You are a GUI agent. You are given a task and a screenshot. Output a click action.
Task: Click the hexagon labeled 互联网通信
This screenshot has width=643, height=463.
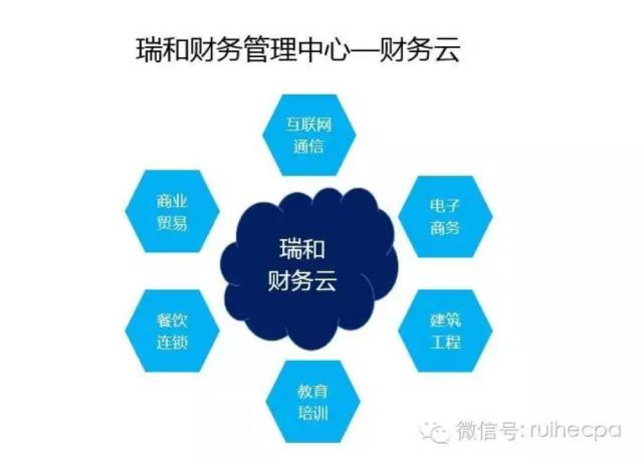pyautogui.click(x=309, y=135)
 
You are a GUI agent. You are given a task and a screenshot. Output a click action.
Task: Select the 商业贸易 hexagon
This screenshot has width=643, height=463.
pyautogui.click(x=172, y=211)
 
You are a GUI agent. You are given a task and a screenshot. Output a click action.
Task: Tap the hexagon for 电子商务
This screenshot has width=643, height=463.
pyautogui.click(x=446, y=217)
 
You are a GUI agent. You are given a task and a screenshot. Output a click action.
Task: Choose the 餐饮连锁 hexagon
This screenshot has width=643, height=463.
pyautogui.click(x=172, y=331)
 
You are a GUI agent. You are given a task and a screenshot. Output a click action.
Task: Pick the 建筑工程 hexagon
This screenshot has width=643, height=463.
pyautogui.click(x=446, y=331)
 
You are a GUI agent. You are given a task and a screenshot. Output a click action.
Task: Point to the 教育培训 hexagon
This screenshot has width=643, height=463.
pyautogui.click(x=313, y=401)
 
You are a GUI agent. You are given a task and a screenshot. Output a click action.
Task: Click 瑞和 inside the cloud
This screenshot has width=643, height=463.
pyautogui.click(x=302, y=249)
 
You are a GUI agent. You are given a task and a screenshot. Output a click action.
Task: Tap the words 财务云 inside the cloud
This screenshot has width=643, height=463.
pyautogui.click(x=302, y=281)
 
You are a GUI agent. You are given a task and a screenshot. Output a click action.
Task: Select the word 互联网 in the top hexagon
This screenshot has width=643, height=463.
pyautogui.click(x=309, y=124)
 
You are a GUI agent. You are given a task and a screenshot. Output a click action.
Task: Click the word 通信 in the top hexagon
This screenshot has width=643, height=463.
pyautogui.click(x=309, y=146)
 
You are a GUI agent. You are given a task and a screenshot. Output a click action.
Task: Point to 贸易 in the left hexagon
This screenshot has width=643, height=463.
pyautogui.click(x=172, y=222)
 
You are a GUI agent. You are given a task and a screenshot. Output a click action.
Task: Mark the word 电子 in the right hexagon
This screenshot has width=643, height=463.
pyautogui.click(x=445, y=205)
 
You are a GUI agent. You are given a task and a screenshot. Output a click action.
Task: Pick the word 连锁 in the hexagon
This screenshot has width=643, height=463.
pyautogui.click(x=172, y=342)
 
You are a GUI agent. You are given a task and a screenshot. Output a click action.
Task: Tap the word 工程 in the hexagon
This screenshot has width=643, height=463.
pyautogui.click(x=446, y=342)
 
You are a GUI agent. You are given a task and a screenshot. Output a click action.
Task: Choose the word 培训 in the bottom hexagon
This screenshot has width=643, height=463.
pyautogui.click(x=313, y=413)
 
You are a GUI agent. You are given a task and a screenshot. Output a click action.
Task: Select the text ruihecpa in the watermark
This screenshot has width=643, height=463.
pyautogui.click(x=575, y=431)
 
